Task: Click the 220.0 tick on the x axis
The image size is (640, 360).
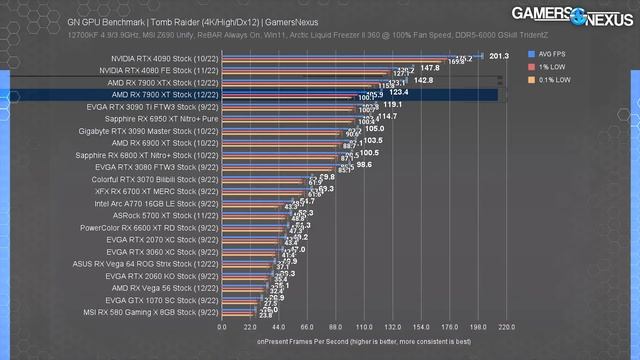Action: pos(505,326)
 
